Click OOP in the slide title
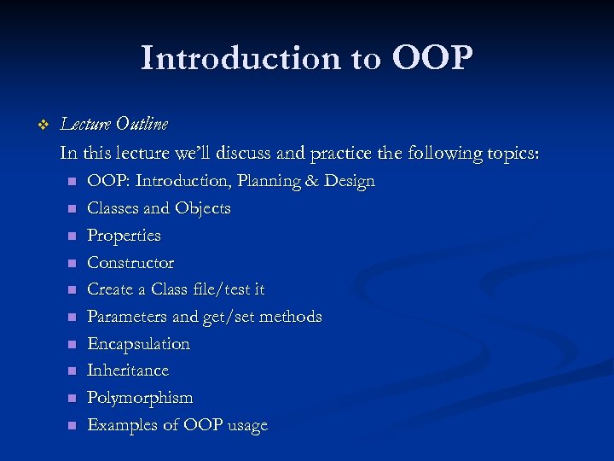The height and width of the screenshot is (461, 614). [x=432, y=59]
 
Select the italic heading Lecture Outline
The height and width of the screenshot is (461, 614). [x=114, y=125]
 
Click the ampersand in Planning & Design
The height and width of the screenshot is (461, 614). [x=313, y=181]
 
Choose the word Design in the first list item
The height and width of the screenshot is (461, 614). [x=350, y=181]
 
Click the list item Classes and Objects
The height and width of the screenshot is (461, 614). [x=159, y=208]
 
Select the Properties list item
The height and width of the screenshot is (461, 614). [x=124, y=236]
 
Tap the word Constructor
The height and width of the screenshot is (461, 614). [x=130, y=263]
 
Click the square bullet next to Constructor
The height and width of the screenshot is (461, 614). [x=72, y=263]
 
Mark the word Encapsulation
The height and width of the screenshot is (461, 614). [x=138, y=344]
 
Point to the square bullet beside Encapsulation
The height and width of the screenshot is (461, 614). [x=72, y=344]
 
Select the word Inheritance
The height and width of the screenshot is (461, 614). [x=128, y=371]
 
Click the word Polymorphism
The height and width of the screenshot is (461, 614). [x=140, y=398]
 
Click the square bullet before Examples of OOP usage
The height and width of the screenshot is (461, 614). [x=72, y=425]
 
